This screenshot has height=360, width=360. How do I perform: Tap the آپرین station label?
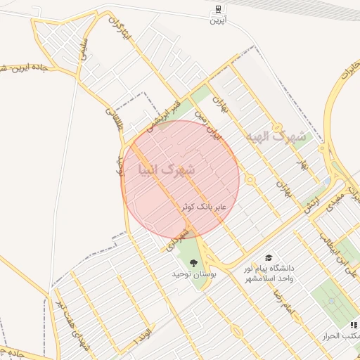point(217,20)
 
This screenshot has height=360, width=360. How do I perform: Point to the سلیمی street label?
point(84,51)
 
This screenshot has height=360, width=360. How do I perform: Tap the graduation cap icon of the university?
point(269,259)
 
